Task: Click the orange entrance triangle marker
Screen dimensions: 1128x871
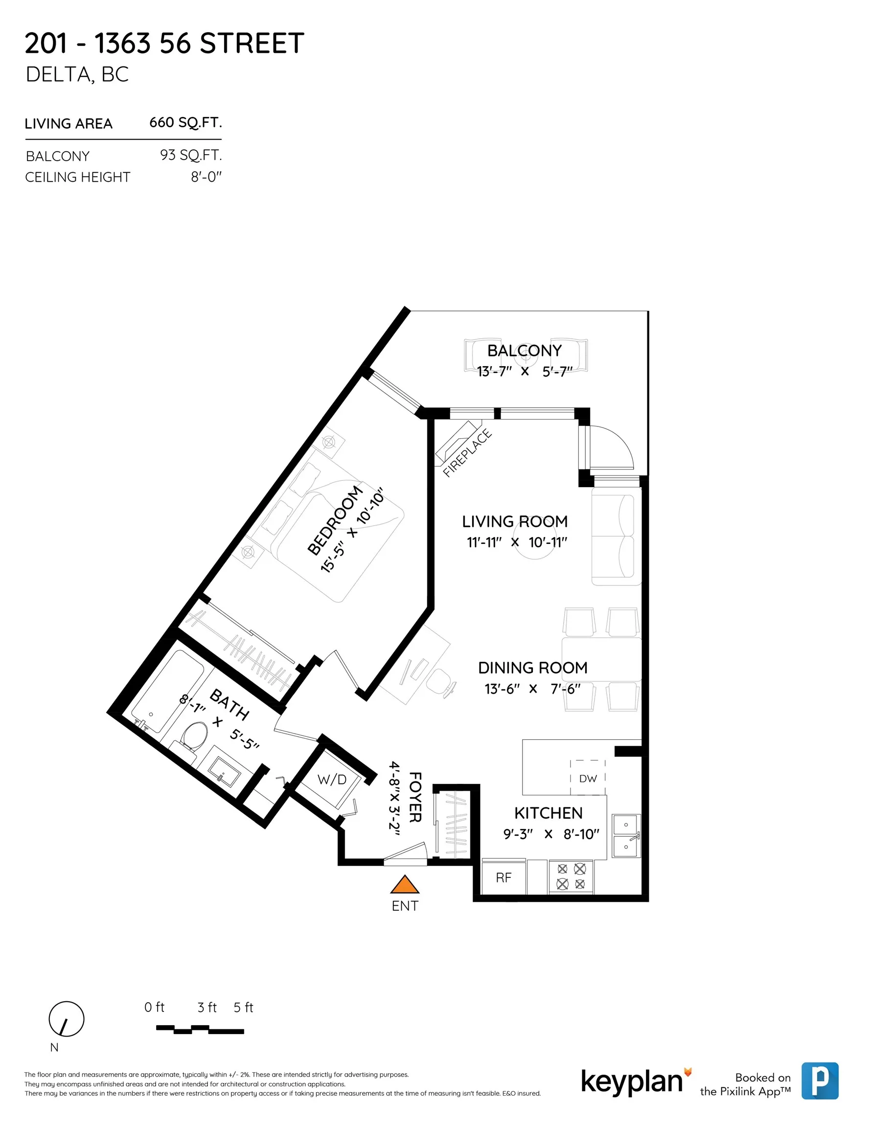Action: tap(404, 885)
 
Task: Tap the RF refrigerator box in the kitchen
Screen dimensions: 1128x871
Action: tap(504, 877)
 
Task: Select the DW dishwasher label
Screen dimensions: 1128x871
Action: tap(588, 778)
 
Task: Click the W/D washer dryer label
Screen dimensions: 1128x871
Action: tap(331, 779)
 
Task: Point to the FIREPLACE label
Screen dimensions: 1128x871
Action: tap(467, 453)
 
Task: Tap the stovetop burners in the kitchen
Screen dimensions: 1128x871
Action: tap(571, 876)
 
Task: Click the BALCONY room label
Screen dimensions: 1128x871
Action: tap(524, 351)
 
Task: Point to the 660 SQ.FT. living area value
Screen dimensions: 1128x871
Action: tap(185, 122)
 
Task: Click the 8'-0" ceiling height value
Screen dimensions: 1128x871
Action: tap(206, 177)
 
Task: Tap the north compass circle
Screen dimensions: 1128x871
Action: tap(66, 1019)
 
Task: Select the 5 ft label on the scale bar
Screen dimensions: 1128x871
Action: tap(243, 1007)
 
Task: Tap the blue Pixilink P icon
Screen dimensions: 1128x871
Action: tap(819, 1081)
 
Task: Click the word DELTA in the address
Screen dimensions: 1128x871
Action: tap(59, 74)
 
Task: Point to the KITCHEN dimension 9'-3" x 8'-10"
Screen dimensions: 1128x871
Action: tap(551, 834)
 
